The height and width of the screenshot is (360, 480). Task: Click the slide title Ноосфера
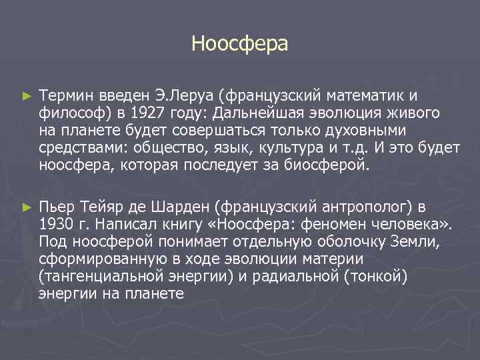(239, 44)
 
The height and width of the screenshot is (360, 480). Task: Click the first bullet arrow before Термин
(26, 97)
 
